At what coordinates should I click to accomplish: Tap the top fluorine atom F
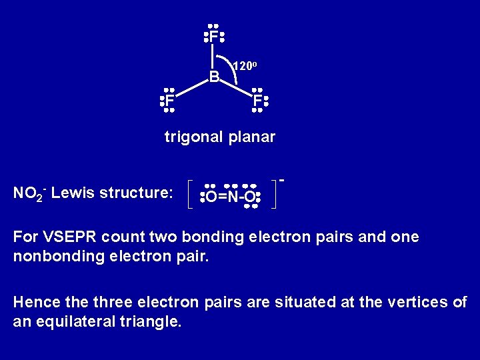pos(213,37)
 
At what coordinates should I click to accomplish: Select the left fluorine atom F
pos(169,101)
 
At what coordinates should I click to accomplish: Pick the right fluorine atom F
pos(257,101)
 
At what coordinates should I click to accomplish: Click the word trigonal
pos(194,137)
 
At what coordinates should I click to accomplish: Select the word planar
pos(251,137)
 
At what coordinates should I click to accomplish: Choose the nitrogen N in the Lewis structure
pos(232,197)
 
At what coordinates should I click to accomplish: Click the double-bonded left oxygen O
pos(211,197)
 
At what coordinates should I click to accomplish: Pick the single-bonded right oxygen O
pos(249,197)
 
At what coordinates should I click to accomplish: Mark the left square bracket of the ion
pos(190,194)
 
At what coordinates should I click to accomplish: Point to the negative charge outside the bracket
pos(282,179)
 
